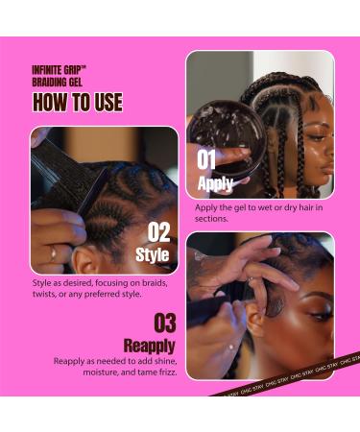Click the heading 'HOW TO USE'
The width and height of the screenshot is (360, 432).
point(77,103)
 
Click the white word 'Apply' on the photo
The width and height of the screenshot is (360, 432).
point(215,183)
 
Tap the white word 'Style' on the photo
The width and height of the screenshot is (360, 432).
point(153,254)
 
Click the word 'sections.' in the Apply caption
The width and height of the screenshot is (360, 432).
point(211,218)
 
